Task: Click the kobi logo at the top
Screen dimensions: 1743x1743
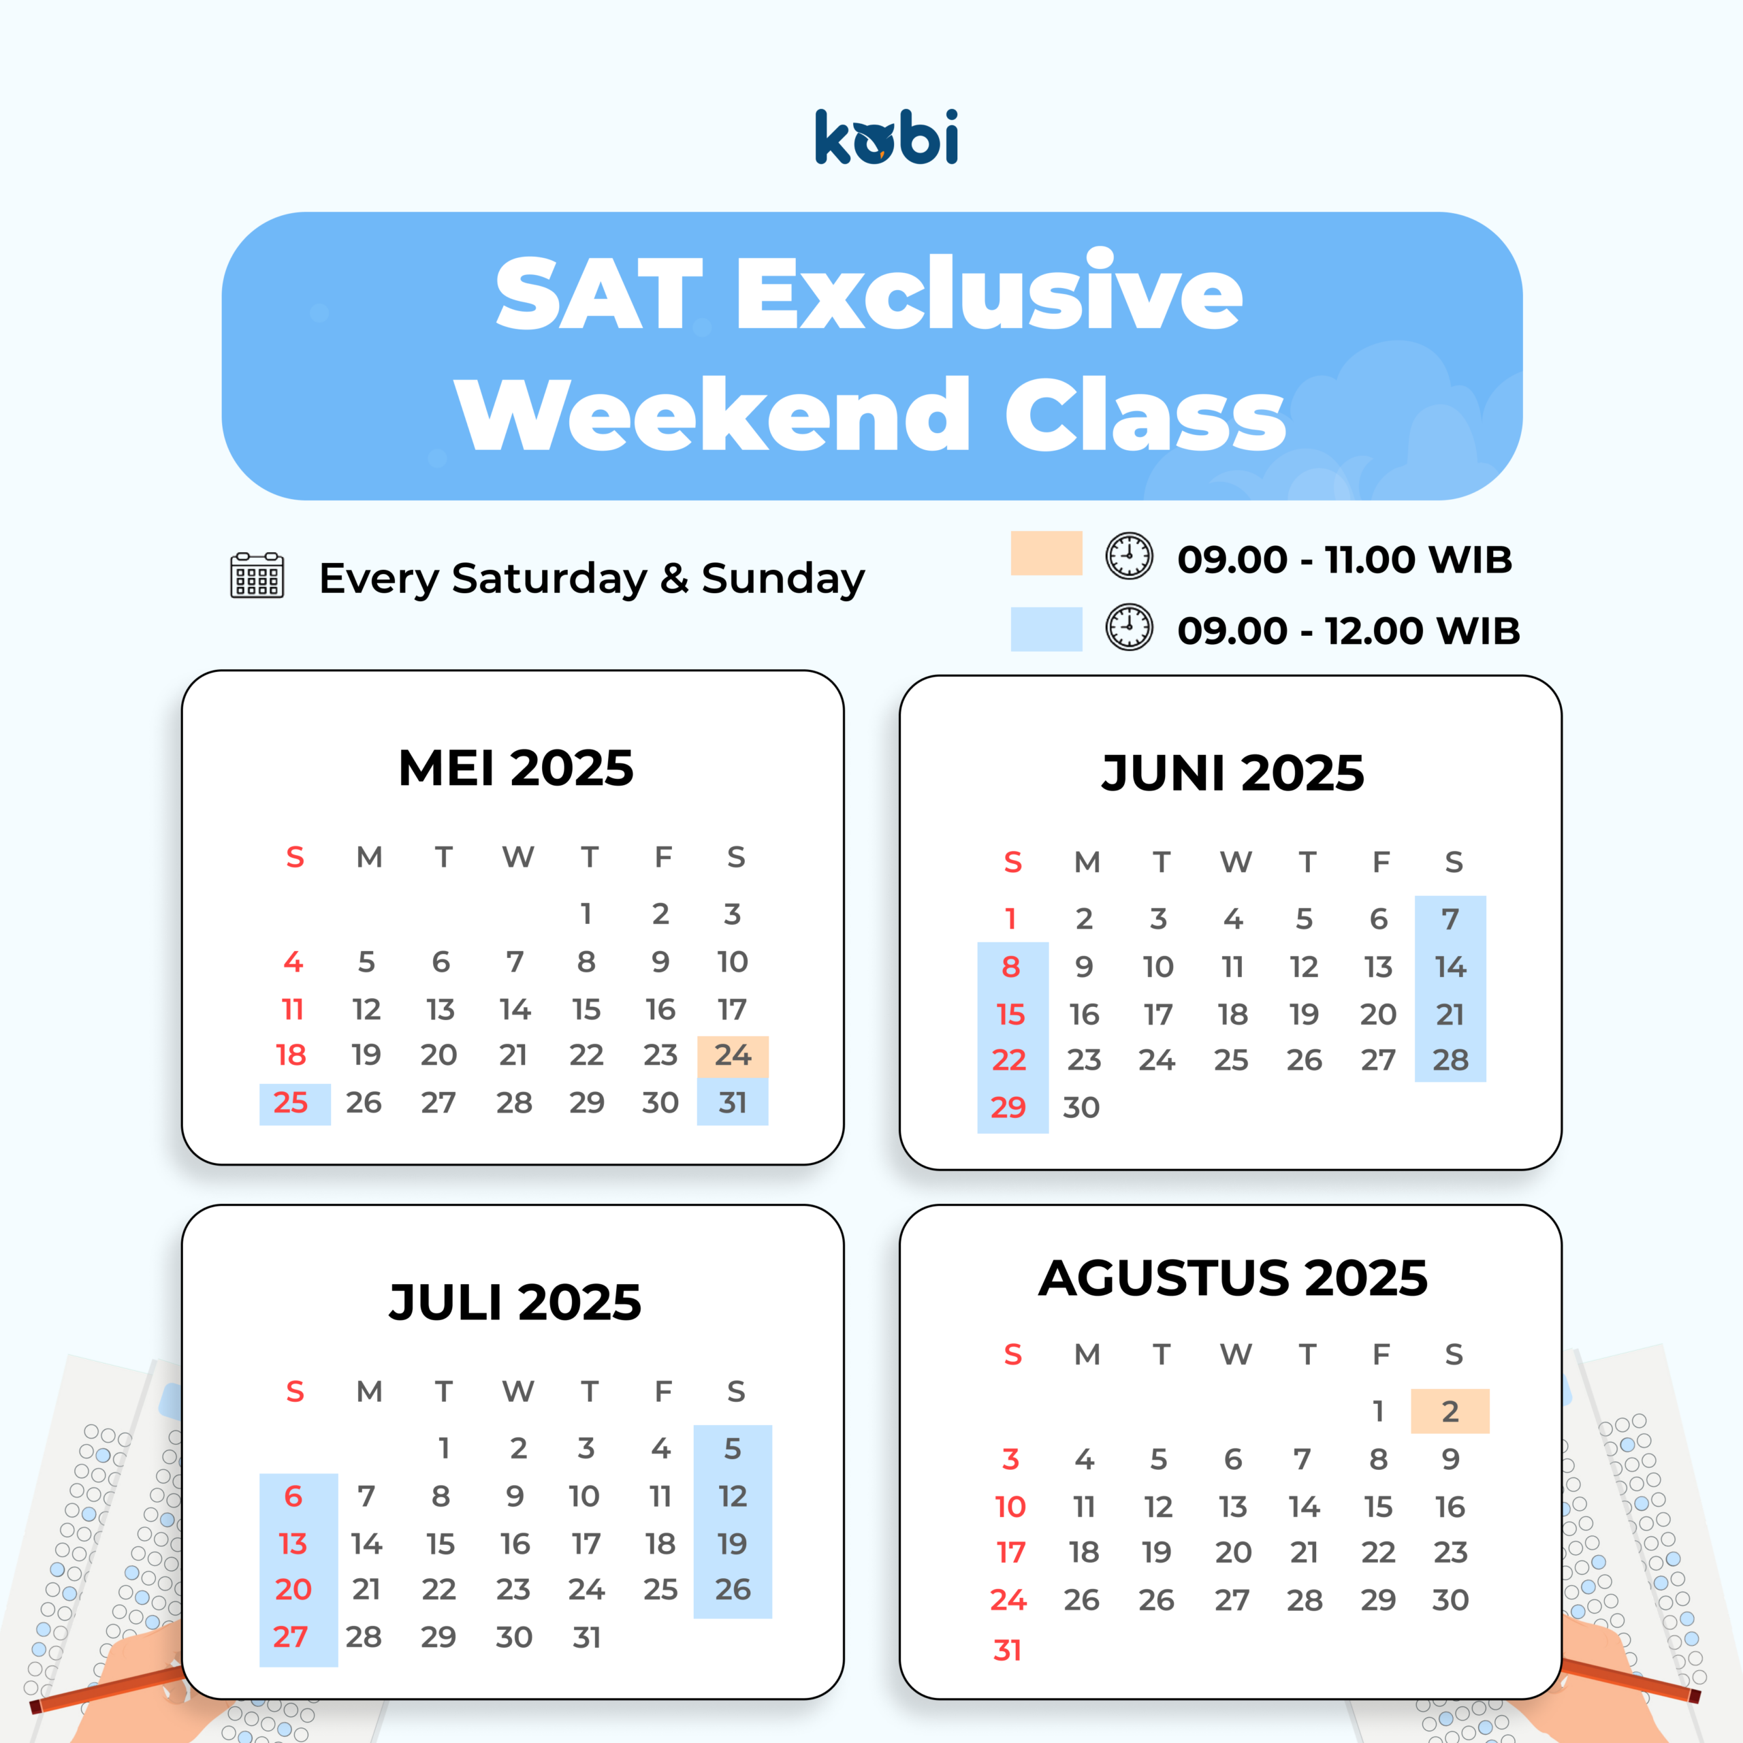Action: point(886,137)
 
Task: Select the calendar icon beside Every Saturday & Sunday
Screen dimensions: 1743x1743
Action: point(257,575)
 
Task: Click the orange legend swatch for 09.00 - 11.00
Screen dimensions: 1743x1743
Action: point(1046,553)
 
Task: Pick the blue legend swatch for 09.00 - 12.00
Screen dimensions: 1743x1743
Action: point(1046,629)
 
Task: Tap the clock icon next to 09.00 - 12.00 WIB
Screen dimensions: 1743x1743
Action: point(1130,628)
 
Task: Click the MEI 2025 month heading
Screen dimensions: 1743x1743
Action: point(515,768)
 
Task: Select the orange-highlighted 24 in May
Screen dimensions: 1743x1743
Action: point(733,1055)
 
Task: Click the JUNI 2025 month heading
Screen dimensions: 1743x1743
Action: point(1232,773)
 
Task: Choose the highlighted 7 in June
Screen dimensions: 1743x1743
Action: point(1450,919)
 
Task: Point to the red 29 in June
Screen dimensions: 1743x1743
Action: point(1008,1107)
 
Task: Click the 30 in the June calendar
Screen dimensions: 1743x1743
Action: point(1082,1107)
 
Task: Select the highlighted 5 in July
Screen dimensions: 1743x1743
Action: point(733,1449)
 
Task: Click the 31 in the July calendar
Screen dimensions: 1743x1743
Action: point(586,1637)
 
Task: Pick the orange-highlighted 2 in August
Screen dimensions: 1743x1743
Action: point(1450,1411)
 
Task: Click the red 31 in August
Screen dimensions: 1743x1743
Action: point(1007,1650)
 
